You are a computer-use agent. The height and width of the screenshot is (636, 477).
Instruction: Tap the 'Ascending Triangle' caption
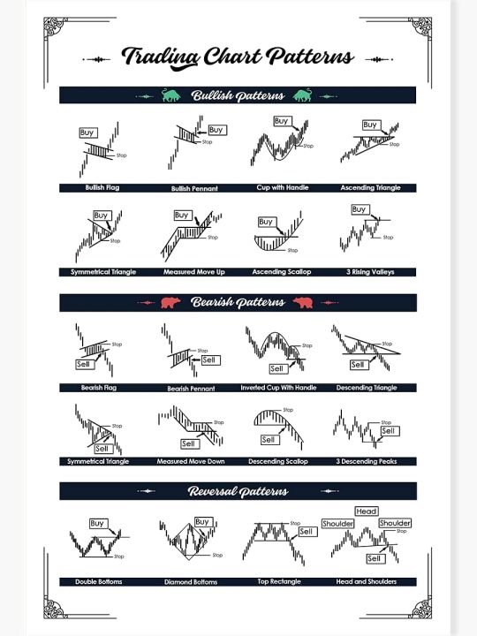370,188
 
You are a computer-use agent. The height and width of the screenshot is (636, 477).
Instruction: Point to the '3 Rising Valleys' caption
370,271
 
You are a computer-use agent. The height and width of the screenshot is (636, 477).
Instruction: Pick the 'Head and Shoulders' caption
367,581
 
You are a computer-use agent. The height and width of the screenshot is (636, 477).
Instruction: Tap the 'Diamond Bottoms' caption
192,582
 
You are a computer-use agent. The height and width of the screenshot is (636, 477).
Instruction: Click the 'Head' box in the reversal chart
366,511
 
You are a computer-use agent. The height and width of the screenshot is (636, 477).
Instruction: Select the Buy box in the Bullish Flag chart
87,132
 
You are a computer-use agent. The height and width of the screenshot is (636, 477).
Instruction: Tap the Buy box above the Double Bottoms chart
97,523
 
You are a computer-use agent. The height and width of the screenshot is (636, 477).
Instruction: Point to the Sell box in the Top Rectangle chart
307,532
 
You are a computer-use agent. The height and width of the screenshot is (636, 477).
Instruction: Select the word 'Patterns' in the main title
310,57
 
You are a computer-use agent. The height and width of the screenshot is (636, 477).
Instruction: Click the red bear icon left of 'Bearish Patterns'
171,303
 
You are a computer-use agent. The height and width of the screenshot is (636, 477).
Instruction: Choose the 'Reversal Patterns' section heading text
238,491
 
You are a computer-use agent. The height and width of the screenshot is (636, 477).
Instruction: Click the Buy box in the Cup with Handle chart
282,121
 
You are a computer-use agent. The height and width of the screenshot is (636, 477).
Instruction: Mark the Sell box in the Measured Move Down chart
189,443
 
